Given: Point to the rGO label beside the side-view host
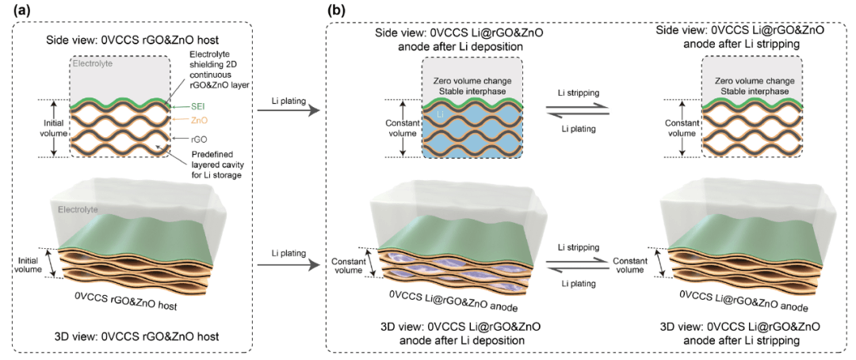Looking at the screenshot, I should pos(189,136).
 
